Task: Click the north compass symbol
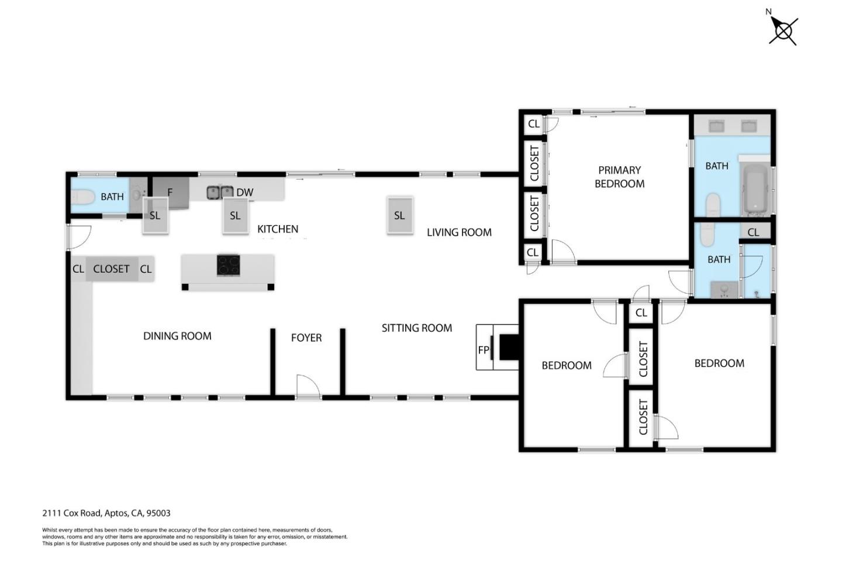coord(782,30)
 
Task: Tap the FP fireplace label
coord(483,350)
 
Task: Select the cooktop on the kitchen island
coord(228,265)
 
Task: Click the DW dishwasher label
coord(244,192)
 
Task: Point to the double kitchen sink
coord(220,192)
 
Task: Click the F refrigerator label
coord(170,192)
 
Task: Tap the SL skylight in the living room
coord(399,215)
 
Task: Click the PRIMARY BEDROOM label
coord(619,177)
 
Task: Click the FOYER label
coord(306,338)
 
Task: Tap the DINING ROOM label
coord(177,336)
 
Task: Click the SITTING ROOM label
coord(416,328)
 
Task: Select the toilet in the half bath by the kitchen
coord(82,197)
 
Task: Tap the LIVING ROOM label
coord(459,232)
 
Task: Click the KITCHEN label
coord(278,229)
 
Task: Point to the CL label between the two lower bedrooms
coord(641,313)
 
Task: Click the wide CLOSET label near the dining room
coord(111,269)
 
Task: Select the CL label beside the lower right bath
coord(753,232)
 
